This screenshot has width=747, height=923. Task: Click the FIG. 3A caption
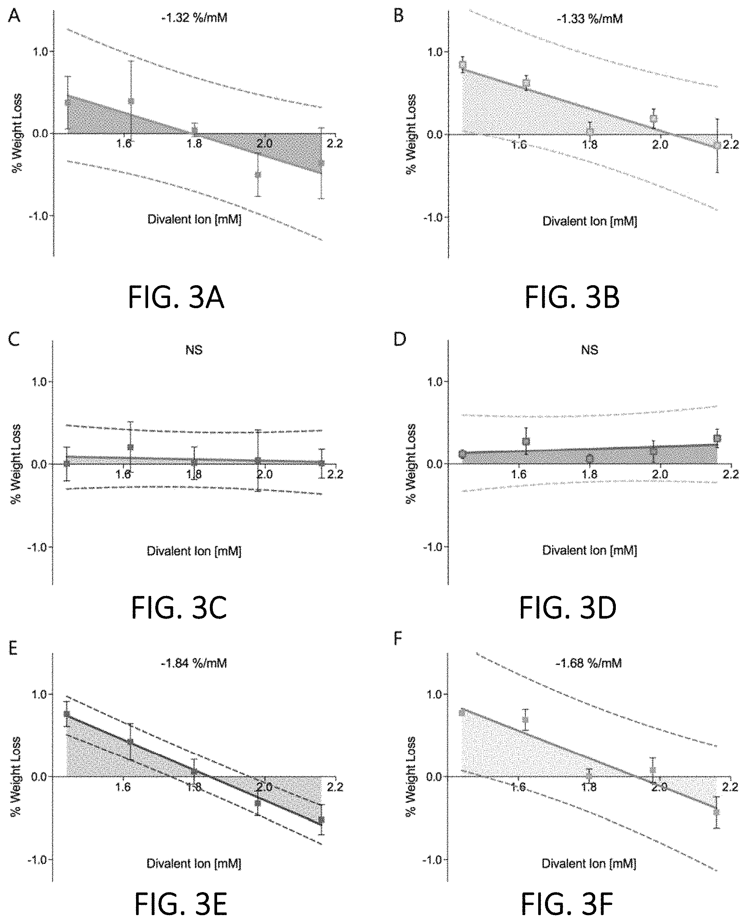click(176, 298)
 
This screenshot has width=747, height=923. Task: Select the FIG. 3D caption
click(568, 608)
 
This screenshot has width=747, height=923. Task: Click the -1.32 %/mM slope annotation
click(194, 18)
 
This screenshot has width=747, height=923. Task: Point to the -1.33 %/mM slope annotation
click(589, 19)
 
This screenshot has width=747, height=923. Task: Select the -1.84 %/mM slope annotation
click(194, 663)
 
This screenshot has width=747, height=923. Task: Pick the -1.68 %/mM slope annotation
click(589, 663)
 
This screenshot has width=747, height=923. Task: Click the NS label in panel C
click(194, 350)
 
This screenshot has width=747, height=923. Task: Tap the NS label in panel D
click(589, 350)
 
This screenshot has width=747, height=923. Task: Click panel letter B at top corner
click(399, 16)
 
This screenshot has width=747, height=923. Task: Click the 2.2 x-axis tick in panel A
click(334, 144)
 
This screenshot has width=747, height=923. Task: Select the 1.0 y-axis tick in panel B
click(435, 52)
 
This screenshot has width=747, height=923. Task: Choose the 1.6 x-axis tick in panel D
click(519, 474)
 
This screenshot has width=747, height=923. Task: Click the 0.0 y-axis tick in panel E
click(40, 777)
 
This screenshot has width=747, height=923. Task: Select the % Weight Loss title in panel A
click(16, 133)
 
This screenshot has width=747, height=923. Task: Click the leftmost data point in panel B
click(463, 65)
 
